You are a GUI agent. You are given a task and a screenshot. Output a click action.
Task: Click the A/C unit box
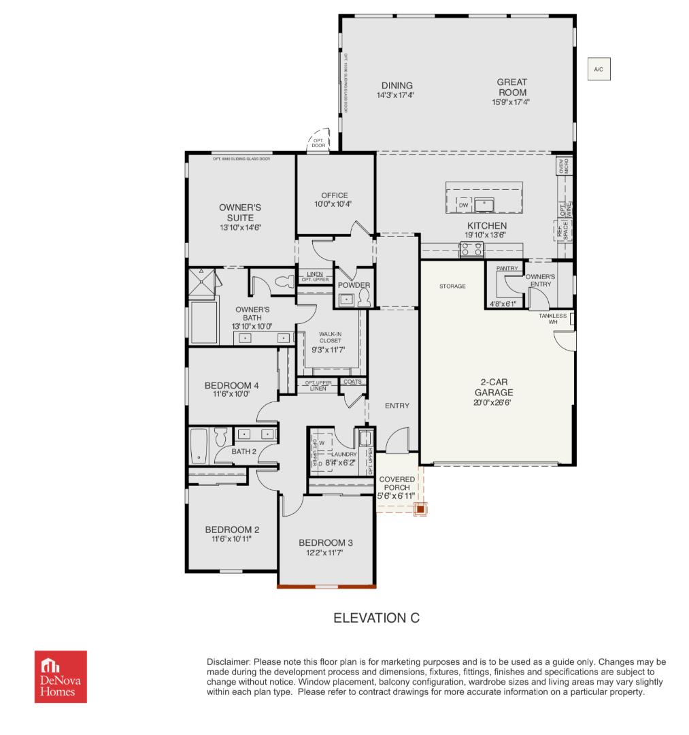599,69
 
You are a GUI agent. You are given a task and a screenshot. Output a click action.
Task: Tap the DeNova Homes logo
61,676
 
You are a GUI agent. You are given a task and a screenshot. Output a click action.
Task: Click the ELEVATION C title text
376,618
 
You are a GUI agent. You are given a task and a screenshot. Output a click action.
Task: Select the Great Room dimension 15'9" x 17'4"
511,102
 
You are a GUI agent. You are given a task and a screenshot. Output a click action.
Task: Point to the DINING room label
397,85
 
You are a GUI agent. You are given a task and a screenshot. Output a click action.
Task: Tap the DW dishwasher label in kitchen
464,205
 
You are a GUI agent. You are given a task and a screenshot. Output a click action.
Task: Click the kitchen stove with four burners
472,249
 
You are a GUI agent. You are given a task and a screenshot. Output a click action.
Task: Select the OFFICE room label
334,195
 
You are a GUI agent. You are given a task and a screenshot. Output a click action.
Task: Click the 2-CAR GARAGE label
494,387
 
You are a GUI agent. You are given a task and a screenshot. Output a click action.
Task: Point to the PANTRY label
507,269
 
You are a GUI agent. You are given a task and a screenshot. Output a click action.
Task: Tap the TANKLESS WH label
552,318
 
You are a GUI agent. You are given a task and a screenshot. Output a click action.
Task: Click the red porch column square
421,508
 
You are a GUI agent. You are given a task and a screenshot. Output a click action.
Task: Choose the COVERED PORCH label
397,483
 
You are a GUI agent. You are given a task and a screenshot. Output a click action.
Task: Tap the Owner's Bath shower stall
202,281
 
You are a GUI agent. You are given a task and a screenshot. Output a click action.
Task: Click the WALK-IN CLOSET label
331,337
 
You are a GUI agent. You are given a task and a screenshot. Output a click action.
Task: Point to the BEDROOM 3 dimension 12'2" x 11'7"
326,553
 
